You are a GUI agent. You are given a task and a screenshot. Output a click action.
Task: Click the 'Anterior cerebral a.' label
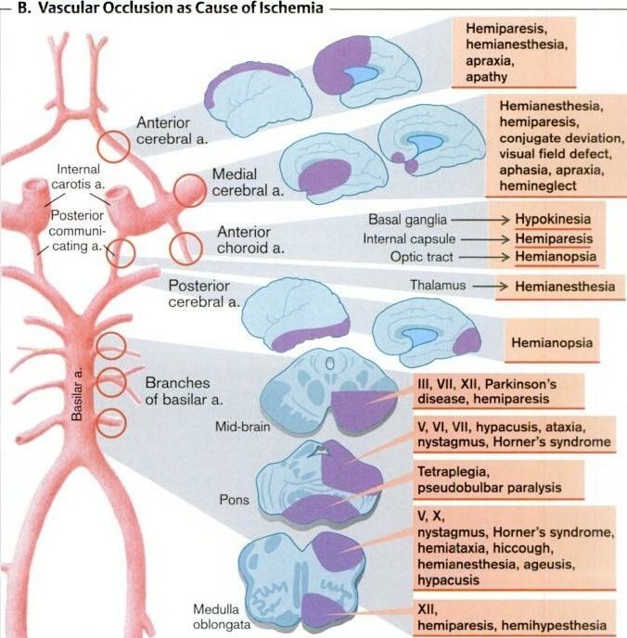point(172,131)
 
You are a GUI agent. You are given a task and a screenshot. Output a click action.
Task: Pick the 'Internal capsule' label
point(406,239)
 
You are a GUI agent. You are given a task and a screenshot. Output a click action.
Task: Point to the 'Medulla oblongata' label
point(219,618)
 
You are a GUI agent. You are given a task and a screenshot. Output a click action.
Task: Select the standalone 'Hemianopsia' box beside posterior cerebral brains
point(551,342)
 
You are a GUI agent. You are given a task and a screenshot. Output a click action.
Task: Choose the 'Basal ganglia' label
point(408,221)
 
